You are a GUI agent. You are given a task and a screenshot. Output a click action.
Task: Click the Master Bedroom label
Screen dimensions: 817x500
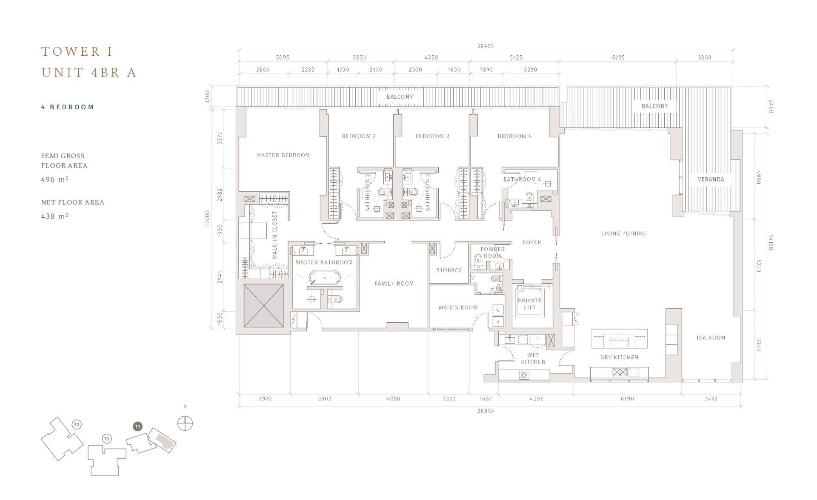[283, 155]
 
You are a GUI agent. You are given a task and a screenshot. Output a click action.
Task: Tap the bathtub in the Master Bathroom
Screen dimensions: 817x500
[325, 278]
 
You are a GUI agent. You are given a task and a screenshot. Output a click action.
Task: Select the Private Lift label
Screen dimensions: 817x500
[530, 304]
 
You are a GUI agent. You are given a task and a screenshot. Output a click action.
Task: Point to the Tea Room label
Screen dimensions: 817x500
[711, 338]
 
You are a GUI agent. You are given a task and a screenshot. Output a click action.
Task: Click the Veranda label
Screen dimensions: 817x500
[711, 179]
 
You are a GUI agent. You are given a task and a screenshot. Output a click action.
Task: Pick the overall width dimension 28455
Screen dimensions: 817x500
[486, 46]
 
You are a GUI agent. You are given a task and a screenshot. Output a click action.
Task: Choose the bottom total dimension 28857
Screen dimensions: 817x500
[486, 411]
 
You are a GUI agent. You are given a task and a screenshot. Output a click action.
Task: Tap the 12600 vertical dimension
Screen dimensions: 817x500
[208, 218]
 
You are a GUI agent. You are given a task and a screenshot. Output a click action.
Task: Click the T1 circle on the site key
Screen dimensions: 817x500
[137, 426]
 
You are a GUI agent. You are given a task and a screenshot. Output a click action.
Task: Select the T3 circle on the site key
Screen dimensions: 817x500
[77, 424]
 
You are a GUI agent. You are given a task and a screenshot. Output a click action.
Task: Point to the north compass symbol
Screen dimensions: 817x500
[185, 423]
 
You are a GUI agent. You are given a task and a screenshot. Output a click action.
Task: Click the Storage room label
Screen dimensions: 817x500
[449, 270]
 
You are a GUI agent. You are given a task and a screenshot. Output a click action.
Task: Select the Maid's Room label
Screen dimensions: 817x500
[458, 307]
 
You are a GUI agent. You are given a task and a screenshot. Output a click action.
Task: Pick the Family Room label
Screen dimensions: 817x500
[394, 284]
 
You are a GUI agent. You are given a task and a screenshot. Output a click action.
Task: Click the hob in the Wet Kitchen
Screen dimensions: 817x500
[524, 375]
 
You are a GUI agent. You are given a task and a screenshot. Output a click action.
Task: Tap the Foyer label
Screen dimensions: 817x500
[532, 242]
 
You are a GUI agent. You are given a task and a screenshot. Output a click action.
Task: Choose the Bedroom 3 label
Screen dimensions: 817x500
[432, 136]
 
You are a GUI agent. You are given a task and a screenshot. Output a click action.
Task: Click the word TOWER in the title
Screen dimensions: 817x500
[71, 51]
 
